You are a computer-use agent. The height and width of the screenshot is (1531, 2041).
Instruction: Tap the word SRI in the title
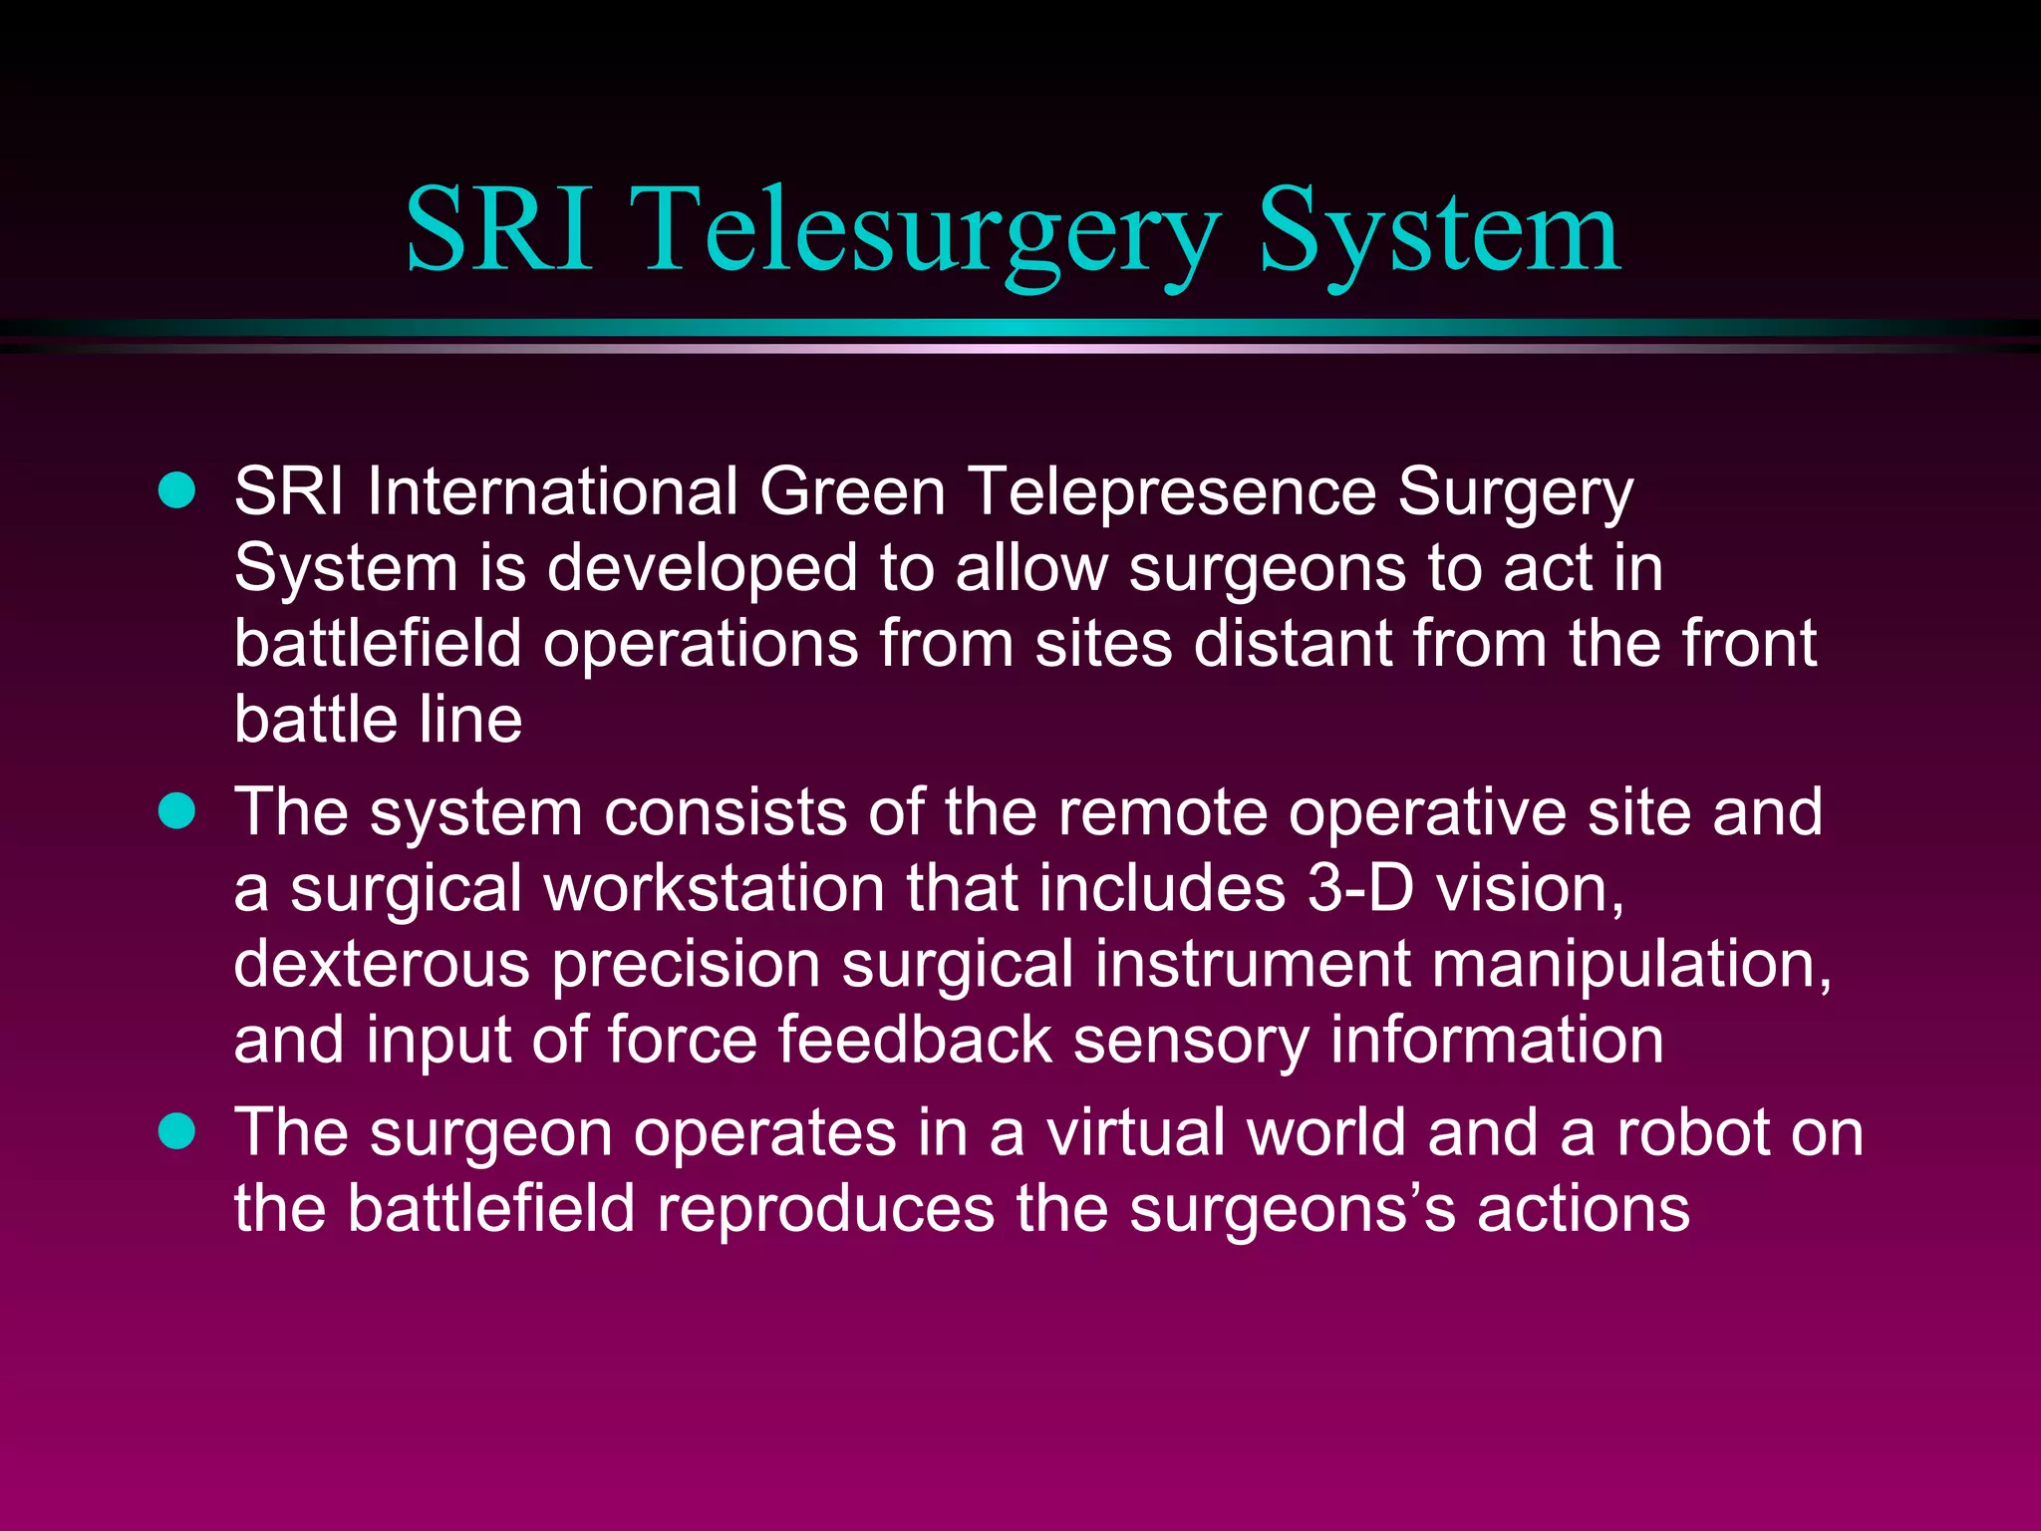click(x=500, y=231)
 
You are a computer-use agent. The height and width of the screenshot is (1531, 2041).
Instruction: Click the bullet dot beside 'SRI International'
click(x=177, y=491)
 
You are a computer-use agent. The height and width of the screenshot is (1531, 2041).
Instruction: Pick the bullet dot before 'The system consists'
click(x=177, y=811)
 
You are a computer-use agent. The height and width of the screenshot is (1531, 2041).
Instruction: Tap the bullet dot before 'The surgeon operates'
click(x=177, y=1132)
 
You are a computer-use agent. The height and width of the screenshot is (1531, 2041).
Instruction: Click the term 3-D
click(x=1360, y=887)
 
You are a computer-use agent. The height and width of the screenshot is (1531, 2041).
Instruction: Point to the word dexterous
click(x=382, y=964)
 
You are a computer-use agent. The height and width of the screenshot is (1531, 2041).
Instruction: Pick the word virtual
click(x=1136, y=1133)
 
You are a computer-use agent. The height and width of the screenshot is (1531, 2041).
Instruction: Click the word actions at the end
click(x=1584, y=1209)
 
